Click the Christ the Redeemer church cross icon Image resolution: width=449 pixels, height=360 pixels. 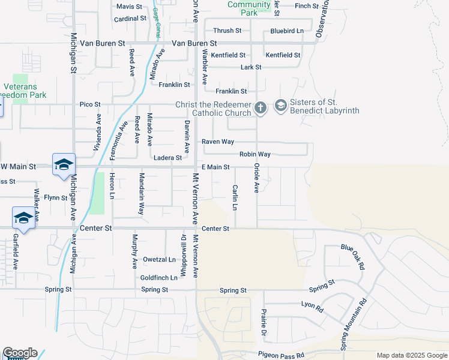pos(260,108)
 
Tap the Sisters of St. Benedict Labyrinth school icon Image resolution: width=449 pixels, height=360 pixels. pos(280,106)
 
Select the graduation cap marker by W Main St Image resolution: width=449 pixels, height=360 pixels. pos(64,166)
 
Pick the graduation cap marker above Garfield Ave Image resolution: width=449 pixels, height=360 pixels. pos(23,217)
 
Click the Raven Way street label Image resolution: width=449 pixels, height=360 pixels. pos(217,142)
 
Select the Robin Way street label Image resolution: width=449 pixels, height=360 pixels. pos(255,154)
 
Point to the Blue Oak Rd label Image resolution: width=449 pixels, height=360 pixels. pos(353,257)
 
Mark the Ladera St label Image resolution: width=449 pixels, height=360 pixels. pos(167,158)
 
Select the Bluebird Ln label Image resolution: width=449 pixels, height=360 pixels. pos(287,31)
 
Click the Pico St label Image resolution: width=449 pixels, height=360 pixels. pos(90,104)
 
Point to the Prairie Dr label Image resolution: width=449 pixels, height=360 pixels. pos(263,322)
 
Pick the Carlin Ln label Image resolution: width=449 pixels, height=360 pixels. pos(235,197)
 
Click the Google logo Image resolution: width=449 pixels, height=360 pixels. pos(20,353)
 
